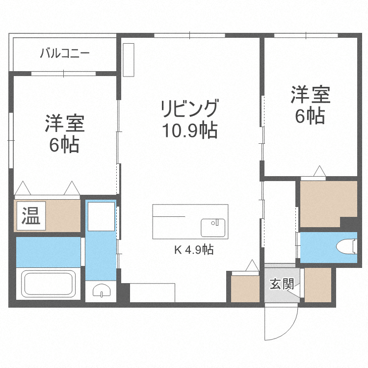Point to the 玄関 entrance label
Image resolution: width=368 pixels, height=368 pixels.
[282, 284]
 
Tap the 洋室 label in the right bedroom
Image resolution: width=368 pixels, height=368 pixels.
[310, 95]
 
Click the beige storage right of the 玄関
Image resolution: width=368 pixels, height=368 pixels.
[318, 285]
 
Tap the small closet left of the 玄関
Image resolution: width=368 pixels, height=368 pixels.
[245, 289]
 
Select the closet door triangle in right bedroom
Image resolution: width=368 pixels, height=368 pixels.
[319, 171]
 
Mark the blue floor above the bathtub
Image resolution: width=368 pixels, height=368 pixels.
[48, 251]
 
